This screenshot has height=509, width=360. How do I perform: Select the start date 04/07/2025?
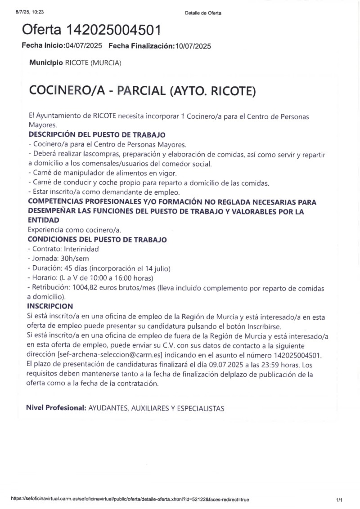click(84, 46)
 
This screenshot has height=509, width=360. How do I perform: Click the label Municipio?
click(46, 63)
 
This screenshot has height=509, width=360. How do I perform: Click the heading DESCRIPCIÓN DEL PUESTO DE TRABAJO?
click(97, 134)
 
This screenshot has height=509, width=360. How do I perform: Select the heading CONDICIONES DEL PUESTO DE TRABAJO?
click(97, 240)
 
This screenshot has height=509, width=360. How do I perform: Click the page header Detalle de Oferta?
click(203, 13)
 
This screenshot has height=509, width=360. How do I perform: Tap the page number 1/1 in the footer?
click(339, 499)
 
